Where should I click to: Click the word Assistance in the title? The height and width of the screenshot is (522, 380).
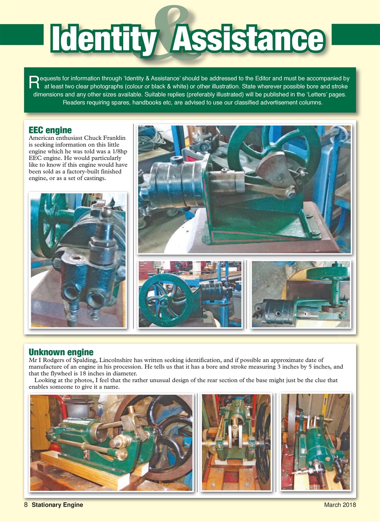(248, 39)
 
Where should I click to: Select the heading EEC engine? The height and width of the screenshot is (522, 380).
(50, 130)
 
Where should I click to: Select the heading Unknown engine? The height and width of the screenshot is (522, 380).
(61, 352)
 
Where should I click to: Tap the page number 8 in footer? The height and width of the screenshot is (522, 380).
(25, 505)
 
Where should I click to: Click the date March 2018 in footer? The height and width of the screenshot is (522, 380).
(340, 505)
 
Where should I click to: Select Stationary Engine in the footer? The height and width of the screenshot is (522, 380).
(58, 505)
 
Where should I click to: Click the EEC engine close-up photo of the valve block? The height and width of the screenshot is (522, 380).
(78, 260)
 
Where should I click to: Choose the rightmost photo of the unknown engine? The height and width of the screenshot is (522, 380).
(315, 442)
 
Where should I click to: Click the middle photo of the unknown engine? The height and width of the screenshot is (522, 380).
(236, 442)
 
